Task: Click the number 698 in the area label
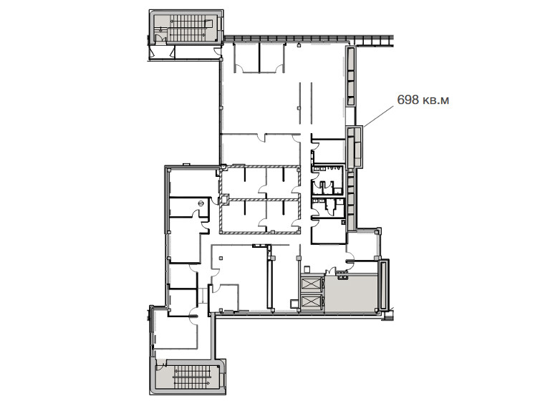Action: (408, 100)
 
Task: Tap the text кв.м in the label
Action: (435, 100)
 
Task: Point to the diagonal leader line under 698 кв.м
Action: (378, 116)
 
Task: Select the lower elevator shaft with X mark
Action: (311, 302)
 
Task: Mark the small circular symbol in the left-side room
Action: (201, 203)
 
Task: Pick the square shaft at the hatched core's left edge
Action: (224, 198)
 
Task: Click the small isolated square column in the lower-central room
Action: (221, 258)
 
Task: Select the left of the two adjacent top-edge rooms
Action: (246, 57)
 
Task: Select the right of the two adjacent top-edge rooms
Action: (272, 57)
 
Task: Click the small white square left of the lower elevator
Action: (294, 304)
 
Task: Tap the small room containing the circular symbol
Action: (189, 207)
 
